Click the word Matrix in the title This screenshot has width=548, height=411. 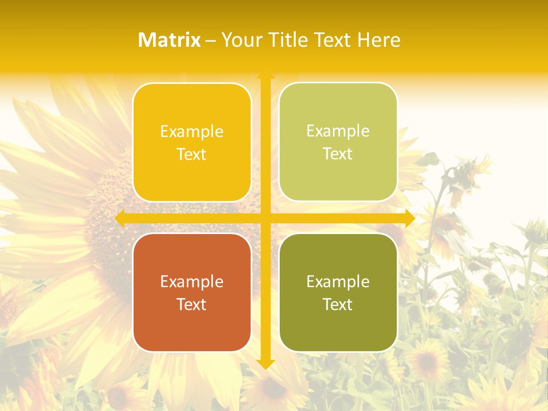[170, 40]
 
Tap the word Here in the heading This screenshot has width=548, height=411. [378, 40]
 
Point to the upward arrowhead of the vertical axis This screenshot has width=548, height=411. [265, 75]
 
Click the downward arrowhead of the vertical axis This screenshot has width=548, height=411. [265, 364]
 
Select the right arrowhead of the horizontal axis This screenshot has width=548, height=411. [409, 218]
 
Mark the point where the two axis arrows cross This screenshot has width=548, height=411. [265, 218]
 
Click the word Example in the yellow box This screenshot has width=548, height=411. [192, 132]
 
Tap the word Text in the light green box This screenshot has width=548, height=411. [338, 154]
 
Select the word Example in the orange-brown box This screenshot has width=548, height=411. [192, 281]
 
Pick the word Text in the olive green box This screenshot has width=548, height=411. [338, 304]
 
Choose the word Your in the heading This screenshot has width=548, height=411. [240, 40]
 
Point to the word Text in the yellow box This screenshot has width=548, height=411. [192, 155]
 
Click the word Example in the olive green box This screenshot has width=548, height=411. [338, 281]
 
